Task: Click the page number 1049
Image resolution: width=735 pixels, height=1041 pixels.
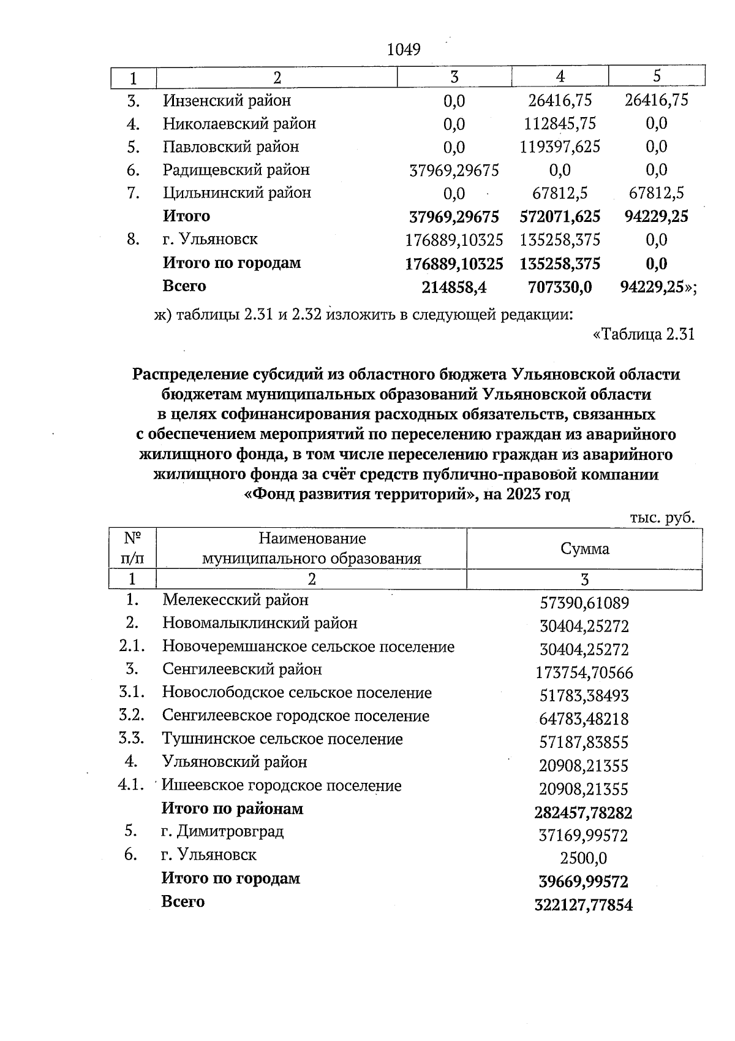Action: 404,50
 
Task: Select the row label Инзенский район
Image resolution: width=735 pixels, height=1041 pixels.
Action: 227,100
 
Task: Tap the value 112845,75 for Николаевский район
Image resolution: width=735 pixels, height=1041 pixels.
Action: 560,124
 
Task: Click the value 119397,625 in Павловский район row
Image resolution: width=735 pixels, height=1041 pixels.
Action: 560,147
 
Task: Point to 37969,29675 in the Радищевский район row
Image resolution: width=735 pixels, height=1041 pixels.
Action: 454,170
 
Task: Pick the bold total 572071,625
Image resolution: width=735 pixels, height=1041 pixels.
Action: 560,216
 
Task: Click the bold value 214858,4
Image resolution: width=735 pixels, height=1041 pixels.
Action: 454,287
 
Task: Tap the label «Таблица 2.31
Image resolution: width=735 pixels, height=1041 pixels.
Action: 644,335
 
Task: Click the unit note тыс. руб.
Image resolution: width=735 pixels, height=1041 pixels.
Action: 662,518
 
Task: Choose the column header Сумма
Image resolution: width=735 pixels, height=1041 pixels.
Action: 584,549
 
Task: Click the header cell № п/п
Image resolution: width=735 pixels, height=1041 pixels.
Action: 133,549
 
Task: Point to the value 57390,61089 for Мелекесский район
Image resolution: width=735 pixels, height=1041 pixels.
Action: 584,603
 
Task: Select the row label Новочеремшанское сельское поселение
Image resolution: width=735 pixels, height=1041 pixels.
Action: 308,647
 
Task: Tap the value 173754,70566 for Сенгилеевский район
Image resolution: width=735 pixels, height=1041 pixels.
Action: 584,673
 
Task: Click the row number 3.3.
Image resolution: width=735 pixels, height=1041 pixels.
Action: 132,739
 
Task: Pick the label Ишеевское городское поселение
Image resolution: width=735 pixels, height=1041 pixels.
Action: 282,785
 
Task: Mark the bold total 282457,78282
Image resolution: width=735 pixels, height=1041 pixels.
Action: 583,813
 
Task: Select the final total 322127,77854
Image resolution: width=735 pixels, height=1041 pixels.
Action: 583,905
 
